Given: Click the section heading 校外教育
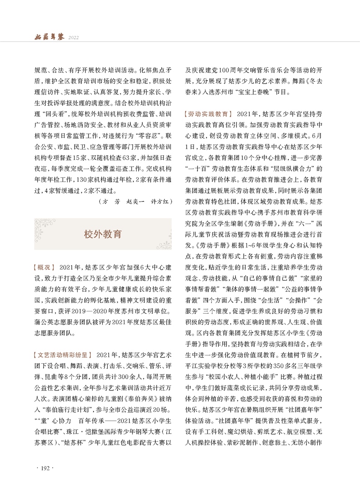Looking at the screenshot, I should (x=103, y=234).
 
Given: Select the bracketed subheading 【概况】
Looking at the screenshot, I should (x=44, y=267).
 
